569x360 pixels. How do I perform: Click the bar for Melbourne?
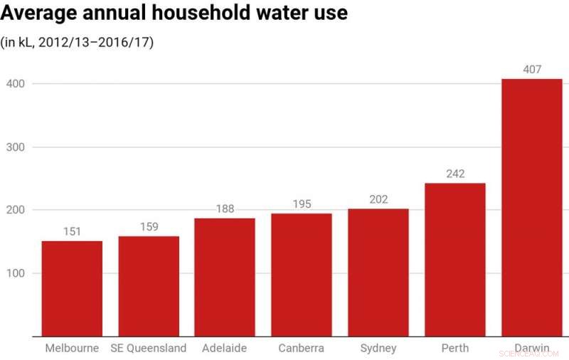coord(72,288)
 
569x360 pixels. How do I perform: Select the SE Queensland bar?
coord(149,286)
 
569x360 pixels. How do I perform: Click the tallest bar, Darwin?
coord(532,207)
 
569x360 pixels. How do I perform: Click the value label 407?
coord(532,70)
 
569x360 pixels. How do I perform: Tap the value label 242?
coord(455,174)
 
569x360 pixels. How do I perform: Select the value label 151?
coord(72,231)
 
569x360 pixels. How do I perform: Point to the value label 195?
coord(302,204)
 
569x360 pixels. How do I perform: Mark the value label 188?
coord(225,208)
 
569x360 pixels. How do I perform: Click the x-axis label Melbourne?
coord(72,348)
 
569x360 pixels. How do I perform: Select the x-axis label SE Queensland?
coord(149,348)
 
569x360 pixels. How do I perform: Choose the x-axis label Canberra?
coord(302,348)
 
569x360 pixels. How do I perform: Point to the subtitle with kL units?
coord(78,42)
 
